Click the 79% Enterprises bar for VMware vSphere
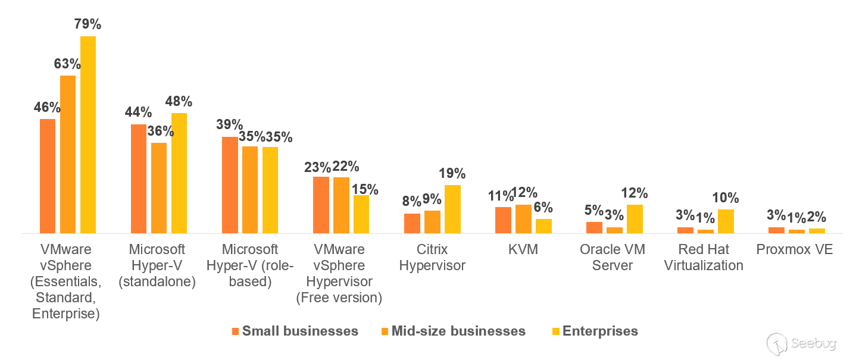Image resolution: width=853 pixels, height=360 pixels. [88, 134]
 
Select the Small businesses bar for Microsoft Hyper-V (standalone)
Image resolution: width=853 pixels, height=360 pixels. [139, 179]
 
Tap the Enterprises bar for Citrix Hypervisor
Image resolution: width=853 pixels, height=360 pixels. [452, 209]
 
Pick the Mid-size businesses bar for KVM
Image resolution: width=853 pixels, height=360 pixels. [523, 218]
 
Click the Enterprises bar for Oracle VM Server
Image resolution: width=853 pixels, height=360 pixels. [635, 218]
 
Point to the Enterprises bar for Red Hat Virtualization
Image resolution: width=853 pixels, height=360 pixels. [726, 221]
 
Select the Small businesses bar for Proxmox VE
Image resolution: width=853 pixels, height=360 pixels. [776, 230]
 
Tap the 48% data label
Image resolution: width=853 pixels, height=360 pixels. [179, 101]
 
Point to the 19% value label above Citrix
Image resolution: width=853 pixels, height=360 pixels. [452, 174]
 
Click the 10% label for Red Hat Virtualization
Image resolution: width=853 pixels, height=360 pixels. [726, 198]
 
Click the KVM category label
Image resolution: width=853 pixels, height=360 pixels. [523, 249]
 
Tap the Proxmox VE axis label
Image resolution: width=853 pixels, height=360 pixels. [794, 249]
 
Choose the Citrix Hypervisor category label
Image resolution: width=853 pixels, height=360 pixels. [432, 257]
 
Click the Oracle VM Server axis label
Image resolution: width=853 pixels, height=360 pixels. [613, 257]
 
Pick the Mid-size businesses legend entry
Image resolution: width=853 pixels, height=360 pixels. [452, 331]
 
